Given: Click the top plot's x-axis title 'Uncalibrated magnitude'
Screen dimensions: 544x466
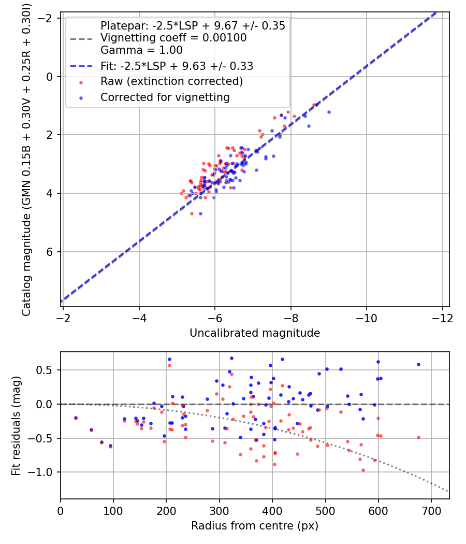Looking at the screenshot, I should [x=255, y=333].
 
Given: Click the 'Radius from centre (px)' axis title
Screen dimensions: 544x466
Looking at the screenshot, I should [x=255, y=526].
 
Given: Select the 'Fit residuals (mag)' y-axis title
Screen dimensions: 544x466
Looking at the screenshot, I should [x=16, y=425].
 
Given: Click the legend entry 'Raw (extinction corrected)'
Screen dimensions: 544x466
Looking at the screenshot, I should [x=171, y=81].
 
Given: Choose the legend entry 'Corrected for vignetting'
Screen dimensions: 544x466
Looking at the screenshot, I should [x=165, y=97].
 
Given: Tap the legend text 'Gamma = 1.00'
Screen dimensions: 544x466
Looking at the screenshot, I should [x=141, y=50].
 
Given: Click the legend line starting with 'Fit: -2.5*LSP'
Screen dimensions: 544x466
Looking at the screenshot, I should [x=177, y=66].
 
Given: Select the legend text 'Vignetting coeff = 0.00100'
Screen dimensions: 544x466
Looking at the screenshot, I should [x=173, y=38].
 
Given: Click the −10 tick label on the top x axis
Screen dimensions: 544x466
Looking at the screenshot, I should [x=366, y=317].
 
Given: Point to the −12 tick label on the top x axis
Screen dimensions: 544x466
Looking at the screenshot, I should [x=442, y=317].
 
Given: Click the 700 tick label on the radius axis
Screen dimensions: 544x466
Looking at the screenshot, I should [x=431, y=510].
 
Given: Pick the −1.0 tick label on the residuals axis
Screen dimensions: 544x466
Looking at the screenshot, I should [x=43, y=472].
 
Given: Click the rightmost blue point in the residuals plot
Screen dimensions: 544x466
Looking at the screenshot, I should [x=418, y=364].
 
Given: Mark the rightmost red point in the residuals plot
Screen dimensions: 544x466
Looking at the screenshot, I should [x=418, y=437].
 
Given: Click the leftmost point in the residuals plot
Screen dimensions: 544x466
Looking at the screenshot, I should [x=76, y=418].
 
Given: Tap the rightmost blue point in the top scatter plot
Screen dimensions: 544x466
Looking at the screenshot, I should [x=329, y=112].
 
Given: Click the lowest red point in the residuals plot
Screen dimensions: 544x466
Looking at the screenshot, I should [x=363, y=470].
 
